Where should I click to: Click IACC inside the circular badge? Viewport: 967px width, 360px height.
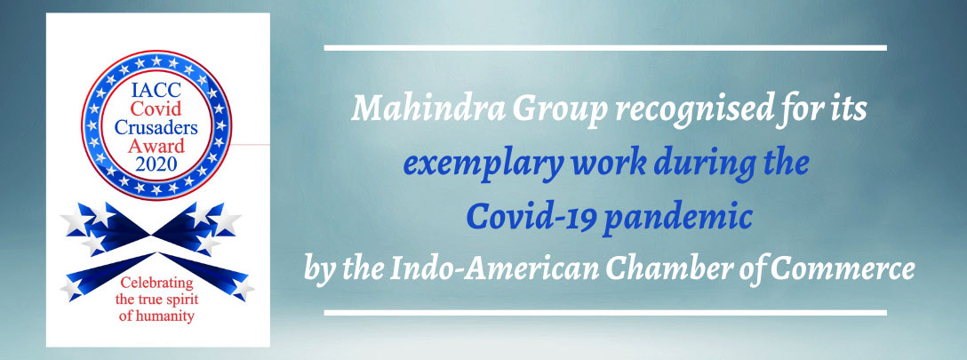(156, 90)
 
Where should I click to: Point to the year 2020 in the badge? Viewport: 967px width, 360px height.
(156, 164)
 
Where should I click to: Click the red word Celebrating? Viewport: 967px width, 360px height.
(156, 284)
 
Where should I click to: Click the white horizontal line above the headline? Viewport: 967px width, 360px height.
(605, 47)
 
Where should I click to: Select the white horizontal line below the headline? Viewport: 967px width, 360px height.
(605, 313)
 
